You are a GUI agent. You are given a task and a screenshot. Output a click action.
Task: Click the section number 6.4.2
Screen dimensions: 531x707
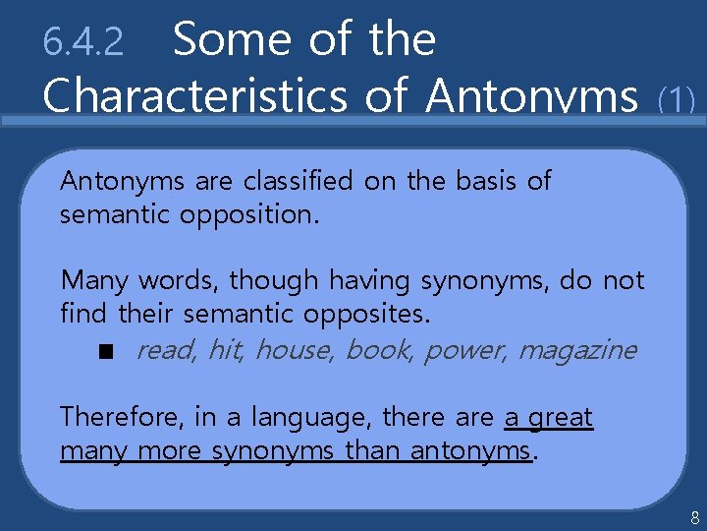click(x=83, y=42)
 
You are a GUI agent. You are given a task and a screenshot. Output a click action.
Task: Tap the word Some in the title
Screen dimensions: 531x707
click(x=231, y=39)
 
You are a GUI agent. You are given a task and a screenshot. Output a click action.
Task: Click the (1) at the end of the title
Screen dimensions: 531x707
click(x=677, y=98)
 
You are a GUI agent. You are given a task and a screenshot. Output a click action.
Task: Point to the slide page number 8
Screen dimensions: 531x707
click(x=694, y=517)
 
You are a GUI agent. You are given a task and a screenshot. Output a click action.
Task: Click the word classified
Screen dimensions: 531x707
click(x=298, y=181)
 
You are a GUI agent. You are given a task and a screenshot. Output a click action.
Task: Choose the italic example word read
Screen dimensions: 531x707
click(x=165, y=350)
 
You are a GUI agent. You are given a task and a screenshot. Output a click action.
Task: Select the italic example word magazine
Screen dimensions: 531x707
click(x=577, y=351)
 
